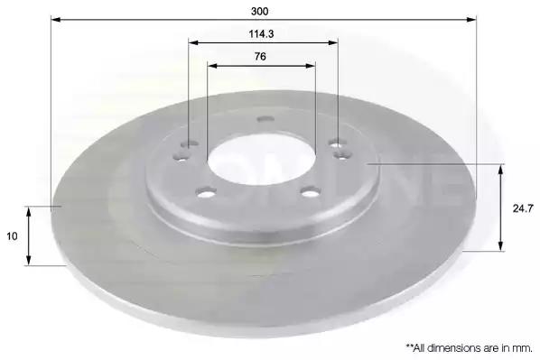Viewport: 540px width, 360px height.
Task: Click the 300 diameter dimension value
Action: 260,12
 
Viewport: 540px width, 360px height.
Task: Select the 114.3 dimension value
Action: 261,33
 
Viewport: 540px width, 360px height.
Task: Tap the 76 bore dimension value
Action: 260,56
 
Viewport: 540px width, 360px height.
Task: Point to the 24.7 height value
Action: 523,208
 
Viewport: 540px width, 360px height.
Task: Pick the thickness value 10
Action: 12,236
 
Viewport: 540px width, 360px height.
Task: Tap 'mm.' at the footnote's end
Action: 525,348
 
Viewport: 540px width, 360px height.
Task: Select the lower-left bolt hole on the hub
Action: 206,193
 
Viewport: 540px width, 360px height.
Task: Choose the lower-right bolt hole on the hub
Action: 311,192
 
